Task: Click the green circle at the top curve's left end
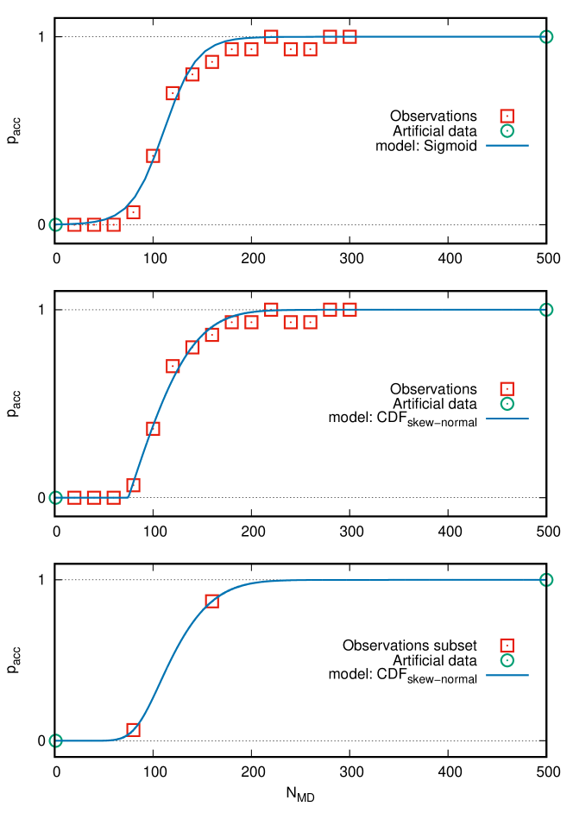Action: pyautogui.click(x=56, y=224)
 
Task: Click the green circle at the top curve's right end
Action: pyautogui.click(x=546, y=36)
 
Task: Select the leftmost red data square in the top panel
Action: pyautogui.click(x=74, y=224)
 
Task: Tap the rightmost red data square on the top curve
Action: pyautogui.click(x=349, y=36)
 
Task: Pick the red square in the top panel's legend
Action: pyautogui.click(x=507, y=116)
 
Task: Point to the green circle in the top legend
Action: pyautogui.click(x=507, y=131)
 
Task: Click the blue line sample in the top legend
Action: pyautogui.click(x=507, y=145)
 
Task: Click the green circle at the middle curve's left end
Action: pyautogui.click(x=56, y=497)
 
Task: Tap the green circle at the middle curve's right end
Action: pyautogui.click(x=546, y=309)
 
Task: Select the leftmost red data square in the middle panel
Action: pyautogui.click(x=74, y=497)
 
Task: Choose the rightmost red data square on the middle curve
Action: pyautogui.click(x=349, y=309)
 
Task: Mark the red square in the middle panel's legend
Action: pyautogui.click(x=507, y=388)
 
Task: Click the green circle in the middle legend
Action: pyautogui.click(x=507, y=404)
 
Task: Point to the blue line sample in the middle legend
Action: pyautogui.click(x=507, y=419)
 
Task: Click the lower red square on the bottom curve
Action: pyautogui.click(x=133, y=729)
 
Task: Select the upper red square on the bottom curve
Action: pyautogui.click(x=211, y=601)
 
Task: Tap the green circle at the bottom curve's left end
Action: pyautogui.click(x=56, y=740)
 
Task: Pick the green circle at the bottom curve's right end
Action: pyautogui.click(x=546, y=579)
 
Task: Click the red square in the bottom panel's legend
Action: pyautogui.click(x=507, y=646)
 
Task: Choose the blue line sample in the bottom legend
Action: pyautogui.click(x=507, y=675)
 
